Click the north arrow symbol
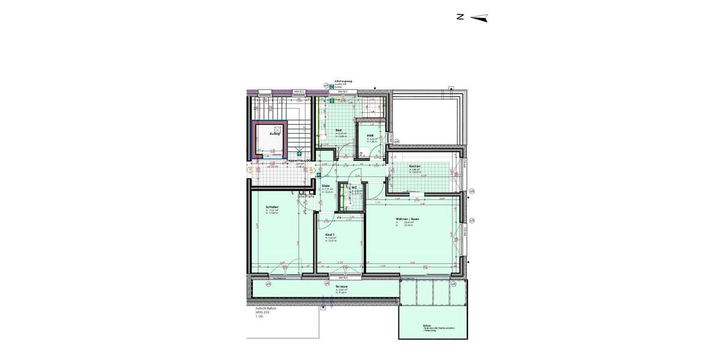tap(479, 18)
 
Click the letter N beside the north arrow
tap(460, 17)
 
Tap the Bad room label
tap(338, 130)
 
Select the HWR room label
tap(370, 136)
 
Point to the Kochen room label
tap(415, 166)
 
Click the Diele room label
tap(326, 185)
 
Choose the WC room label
tap(354, 188)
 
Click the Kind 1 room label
tap(329, 235)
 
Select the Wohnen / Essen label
tap(407, 219)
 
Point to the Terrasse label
tap(342, 287)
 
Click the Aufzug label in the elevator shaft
tap(275, 134)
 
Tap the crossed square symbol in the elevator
tap(278, 128)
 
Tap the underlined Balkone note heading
tap(427, 325)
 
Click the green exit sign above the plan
tap(331, 86)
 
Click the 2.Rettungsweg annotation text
tap(343, 80)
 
